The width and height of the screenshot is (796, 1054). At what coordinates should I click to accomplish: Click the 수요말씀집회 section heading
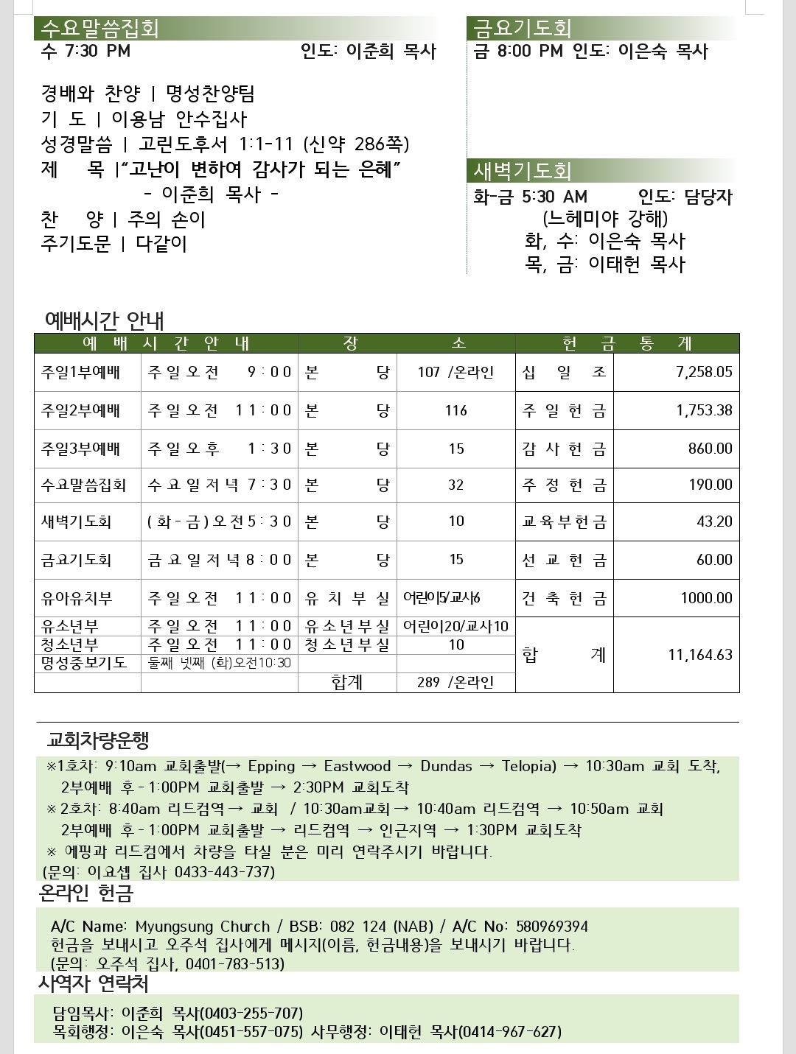tap(100, 29)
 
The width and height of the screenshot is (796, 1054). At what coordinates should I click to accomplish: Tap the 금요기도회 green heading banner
tap(523, 29)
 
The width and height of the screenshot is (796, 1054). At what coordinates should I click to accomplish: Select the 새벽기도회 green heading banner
tap(523, 171)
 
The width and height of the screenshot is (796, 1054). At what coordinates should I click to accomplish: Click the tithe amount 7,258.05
tap(704, 372)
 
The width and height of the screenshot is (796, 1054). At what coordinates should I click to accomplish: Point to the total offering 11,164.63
tap(700, 655)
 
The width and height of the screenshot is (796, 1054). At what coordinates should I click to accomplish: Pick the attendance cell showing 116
tap(456, 410)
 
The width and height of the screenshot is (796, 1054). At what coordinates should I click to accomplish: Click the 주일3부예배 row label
tap(80, 449)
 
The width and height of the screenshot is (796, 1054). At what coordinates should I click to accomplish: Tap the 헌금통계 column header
tap(627, 343)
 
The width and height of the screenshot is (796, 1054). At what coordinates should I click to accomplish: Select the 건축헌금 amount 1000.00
tap(706, 598)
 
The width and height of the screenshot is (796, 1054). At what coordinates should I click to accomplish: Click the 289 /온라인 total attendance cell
tap(455, 682)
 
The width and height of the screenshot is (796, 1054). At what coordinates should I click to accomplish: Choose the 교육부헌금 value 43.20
tap(714, 521)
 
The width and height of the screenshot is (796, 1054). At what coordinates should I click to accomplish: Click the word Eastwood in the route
tap(357, 766)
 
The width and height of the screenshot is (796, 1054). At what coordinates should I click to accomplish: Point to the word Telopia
tap(528, 766)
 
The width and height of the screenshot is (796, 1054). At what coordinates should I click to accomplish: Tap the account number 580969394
tap(552, 927)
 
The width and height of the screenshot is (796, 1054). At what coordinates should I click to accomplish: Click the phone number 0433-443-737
tap(224, 872)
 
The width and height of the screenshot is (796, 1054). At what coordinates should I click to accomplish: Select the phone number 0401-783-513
tap(234, 964)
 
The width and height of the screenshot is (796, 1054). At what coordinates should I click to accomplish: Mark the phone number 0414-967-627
tap(510, 1032)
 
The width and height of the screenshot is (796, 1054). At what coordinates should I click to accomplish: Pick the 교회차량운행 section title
tap(98, 739)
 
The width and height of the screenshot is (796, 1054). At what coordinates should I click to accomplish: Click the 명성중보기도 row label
tap(84, 663)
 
